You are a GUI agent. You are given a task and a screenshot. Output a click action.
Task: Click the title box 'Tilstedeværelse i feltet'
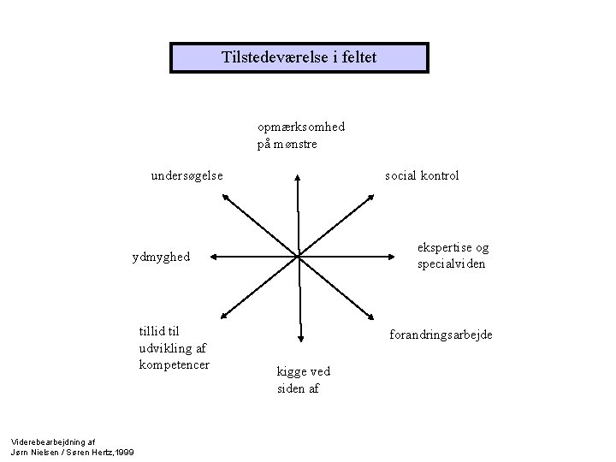[299, 58]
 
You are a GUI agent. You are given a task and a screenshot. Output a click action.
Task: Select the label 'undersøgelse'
[187, 175]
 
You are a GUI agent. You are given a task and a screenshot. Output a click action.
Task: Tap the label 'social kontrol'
[422, 175]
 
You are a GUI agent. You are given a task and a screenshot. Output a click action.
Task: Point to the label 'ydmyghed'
[161, 257]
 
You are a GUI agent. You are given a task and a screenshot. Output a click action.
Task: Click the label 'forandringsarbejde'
[441, 335]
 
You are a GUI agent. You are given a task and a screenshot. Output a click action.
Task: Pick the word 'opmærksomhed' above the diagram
[301, 127]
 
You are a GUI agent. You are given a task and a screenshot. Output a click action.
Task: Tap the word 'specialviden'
[452, 264]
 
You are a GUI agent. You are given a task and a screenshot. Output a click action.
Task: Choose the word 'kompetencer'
[174, 365]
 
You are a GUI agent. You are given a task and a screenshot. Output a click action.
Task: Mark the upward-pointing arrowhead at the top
[298, 178]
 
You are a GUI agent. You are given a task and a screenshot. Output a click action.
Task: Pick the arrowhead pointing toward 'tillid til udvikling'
[224, 315]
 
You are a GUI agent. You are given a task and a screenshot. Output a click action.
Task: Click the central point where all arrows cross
[299, 255]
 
